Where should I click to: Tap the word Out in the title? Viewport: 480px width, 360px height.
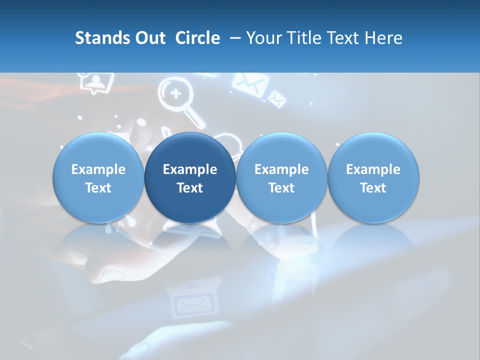click(x=149, y=38)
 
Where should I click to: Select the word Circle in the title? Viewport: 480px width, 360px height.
click(x=197, y=38)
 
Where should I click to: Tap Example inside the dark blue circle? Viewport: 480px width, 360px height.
click(x=190, y=169)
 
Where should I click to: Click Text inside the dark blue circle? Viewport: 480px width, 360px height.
click(x=190, y=188)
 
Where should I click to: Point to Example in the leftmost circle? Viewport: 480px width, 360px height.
click(x=98, y=169)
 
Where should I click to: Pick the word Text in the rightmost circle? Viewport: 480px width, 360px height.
click(x=373, y=188)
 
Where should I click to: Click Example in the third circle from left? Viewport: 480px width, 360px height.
click(x=281, y=169)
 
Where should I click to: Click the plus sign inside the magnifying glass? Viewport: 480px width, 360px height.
click(x=174, y=93)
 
